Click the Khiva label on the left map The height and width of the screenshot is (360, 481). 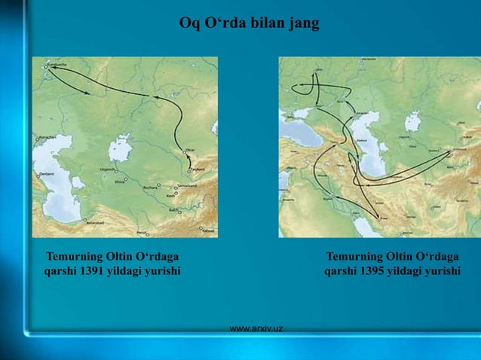tap(120, 182)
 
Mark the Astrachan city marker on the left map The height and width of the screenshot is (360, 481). tap(37, 138)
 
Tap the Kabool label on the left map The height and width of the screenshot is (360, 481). tap(208, 230)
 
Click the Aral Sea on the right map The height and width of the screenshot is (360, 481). tap(412, 120)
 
